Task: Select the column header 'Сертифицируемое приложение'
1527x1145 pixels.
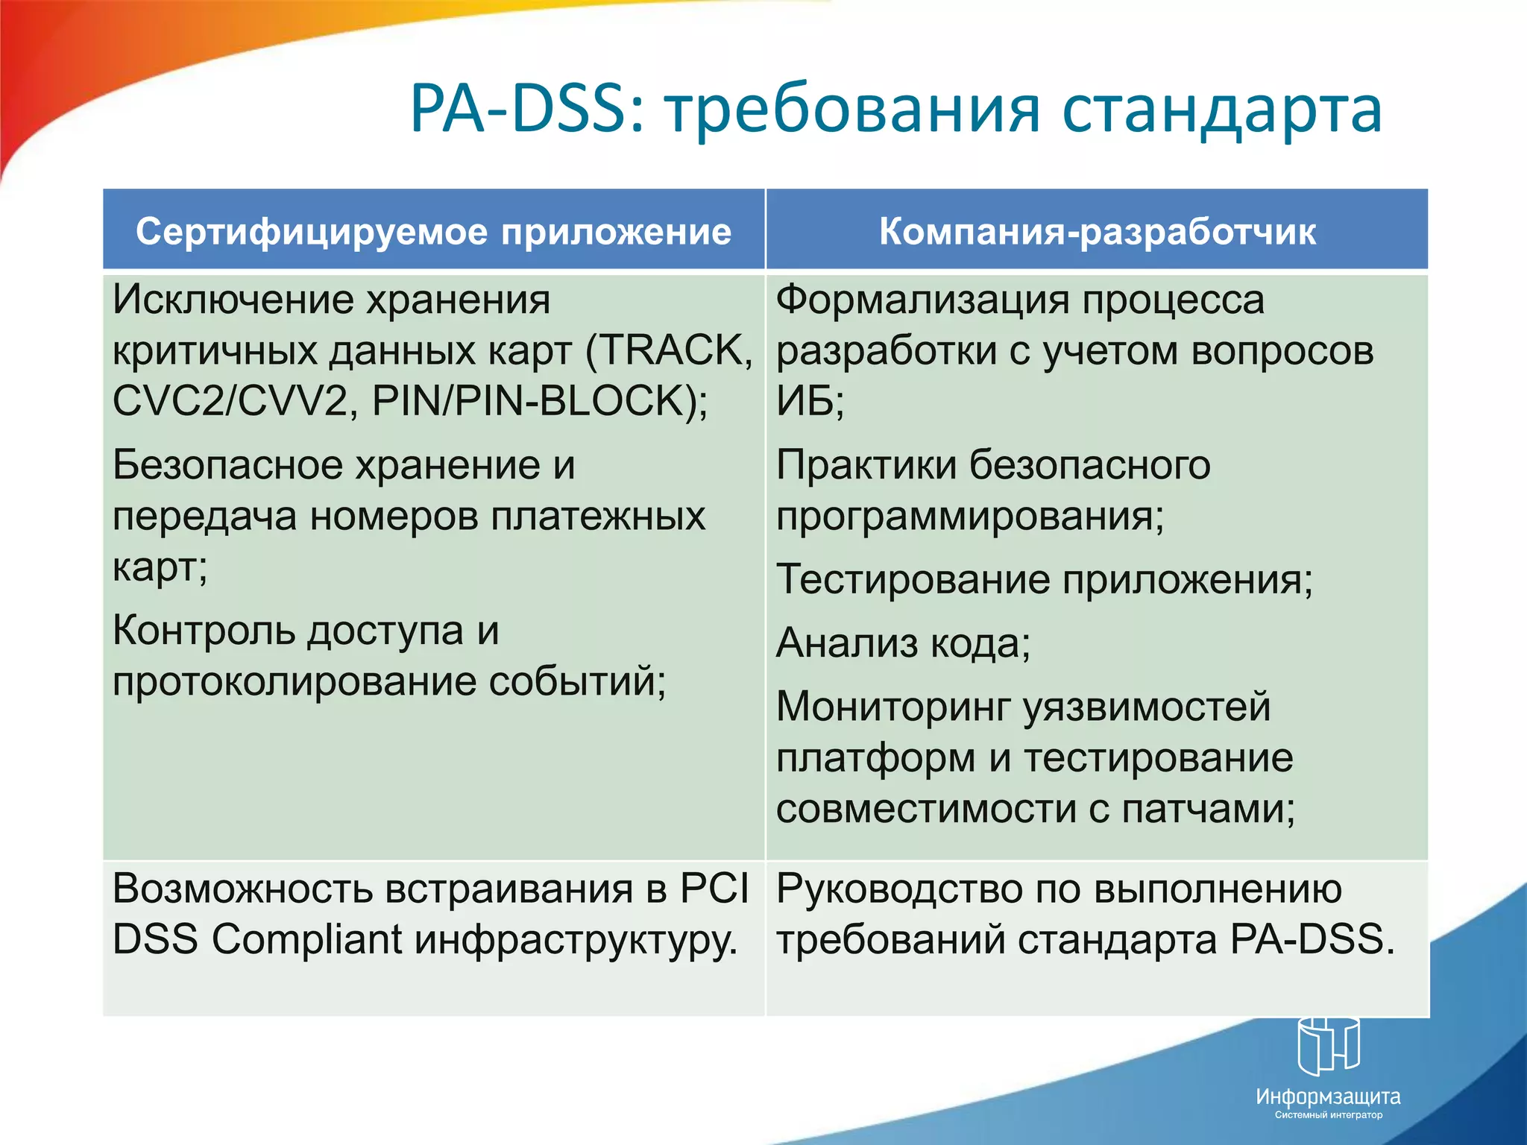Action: (433, 231)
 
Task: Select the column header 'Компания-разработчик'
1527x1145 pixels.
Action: (1097, 231)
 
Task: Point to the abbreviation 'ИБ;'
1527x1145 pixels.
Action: (810, 401)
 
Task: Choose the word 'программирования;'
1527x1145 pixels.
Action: (969, 516)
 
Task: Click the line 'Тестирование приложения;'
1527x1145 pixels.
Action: (1044, 579)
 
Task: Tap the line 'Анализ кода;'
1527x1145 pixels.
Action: (903, 643)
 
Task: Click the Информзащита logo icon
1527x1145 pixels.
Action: (1328, 1045)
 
